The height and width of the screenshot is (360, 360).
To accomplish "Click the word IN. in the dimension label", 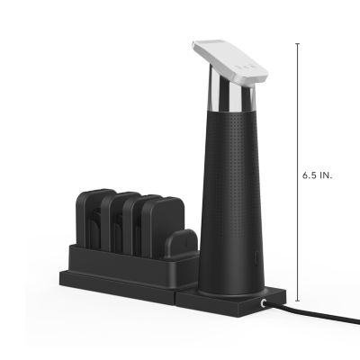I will click(327, 176).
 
